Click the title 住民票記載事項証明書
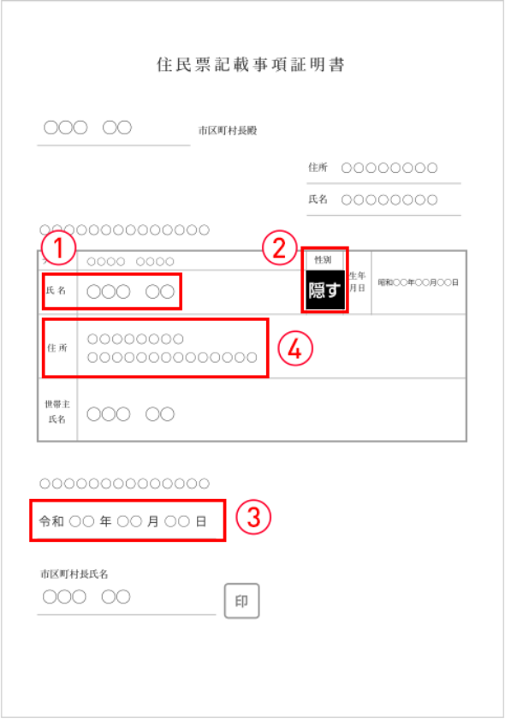click(x=251, y=65)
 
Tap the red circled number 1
click(x=58, y=248)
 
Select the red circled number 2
click(x=279, y=247)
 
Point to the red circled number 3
click(x=253, y=517)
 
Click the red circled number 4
click(x=295, y=349)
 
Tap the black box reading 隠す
click(x=324, y=290)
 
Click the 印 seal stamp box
click(x=241, y=601)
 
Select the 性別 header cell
click(x=323, y=259)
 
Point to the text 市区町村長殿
click(x=228, y=131)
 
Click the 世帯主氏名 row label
click(x=57, y=412)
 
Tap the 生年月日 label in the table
click(x=357, y=282)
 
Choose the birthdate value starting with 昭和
click(x=418, y=282)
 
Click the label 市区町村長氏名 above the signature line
click(x=74, y=573)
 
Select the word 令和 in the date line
click(x=51, y=521)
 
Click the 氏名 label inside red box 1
click(x=56, y=290)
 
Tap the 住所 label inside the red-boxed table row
click(x=57, y=348)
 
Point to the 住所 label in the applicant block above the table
click(x=318, y=168)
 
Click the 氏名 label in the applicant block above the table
click(x=318, y=199)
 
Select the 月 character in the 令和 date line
click(x=152, y=521)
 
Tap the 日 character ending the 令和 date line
click(x=201, y=521)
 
